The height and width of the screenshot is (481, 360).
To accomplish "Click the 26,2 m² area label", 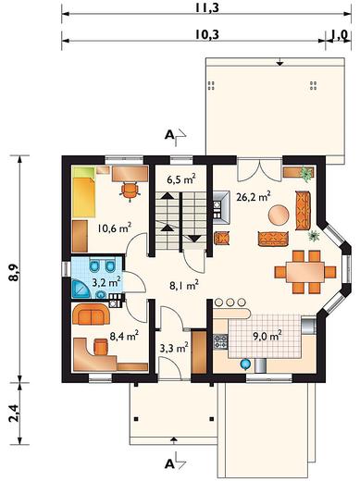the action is pos(254,196).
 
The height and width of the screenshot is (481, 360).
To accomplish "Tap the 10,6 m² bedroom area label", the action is pos(115,228).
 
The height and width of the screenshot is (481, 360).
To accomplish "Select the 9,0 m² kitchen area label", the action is pos(267,336).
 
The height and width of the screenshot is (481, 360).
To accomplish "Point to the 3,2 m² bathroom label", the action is pos(106,282).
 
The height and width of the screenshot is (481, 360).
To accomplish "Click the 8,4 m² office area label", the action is pos(124,336).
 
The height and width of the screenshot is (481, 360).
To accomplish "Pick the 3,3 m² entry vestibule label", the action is pos(174,348).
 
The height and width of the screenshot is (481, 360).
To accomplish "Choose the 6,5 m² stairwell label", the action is pos(181,179).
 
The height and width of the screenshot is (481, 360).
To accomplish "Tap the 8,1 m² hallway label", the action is pos(184,285).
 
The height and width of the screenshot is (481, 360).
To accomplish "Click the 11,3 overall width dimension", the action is pos(206,7).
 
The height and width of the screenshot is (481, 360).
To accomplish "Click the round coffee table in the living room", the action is pos(279,216).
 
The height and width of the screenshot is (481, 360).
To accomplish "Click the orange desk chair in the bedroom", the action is pos(130,191).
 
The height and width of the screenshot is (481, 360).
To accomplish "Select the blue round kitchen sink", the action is pos(245,364).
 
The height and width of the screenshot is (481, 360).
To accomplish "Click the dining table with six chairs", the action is pos(305,272).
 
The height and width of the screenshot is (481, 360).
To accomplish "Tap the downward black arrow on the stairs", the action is pos(194,239).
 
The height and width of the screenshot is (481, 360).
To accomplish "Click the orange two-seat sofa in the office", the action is pos(91,314).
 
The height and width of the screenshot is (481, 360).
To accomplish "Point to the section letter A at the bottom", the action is pos(169,464).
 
